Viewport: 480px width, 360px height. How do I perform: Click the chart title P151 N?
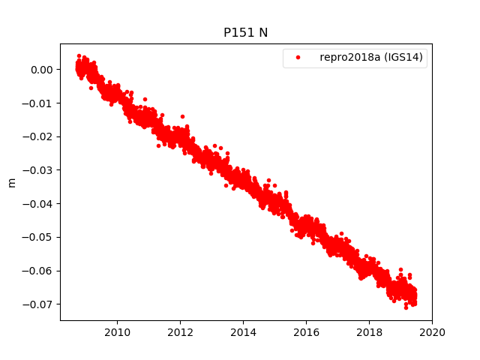pyautogui.click(x=245, y=32)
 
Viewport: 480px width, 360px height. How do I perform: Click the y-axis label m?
pyautogui.click(x=11, y=182)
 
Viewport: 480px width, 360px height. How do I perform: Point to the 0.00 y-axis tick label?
pyautogui.click(x=42, y=70)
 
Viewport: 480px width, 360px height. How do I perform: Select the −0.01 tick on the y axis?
pyautogui.click(x=39, y=103)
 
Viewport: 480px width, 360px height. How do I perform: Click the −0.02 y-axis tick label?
pyautogui.click(x=39, y=136)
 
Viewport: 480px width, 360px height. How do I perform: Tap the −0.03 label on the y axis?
pyautogui.click(x=39, y=170)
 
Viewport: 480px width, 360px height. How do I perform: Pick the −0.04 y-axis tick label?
pyautogui.click(x=39, y=203)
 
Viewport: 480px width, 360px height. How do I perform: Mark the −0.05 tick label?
pyautogui.click(x=39, y=237)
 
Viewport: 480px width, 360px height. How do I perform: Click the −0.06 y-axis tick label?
pyautogui.click(x=39, y=270)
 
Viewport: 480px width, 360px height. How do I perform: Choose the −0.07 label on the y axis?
pyautogui.click(x=39, y=304)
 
